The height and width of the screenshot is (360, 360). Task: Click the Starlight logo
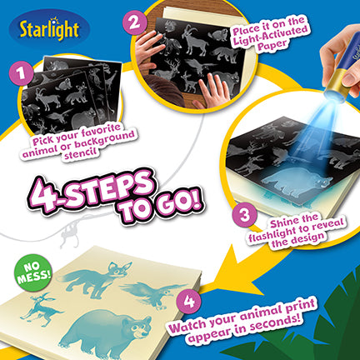click(49, 29)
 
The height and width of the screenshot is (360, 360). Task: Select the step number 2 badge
click(134, 22)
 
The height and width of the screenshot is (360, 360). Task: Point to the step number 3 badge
click(245, 216)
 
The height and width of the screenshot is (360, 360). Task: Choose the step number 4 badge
click(189, 302)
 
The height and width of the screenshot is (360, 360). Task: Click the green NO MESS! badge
click(33, 272)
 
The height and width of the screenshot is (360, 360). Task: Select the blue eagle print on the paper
click(154, 294)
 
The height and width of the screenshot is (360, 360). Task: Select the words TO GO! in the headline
click(160, 207)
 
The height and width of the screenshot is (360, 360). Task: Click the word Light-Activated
click(270, 36)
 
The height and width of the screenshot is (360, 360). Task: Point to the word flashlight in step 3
click(276, 233)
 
